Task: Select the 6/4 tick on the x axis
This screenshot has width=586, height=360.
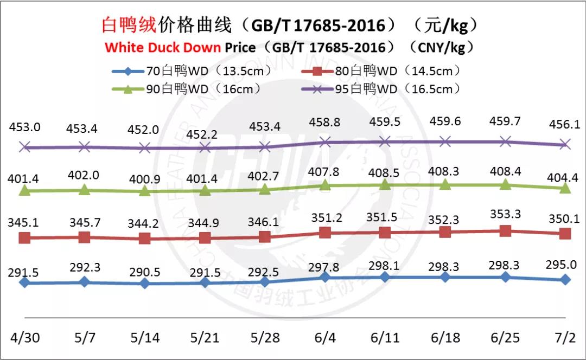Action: tap(324, 337)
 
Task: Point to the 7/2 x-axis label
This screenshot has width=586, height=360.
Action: tap(565, 337)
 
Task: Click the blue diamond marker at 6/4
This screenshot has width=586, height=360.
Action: tap(324, 277)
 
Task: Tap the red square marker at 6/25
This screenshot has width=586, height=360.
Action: tap(505, 230)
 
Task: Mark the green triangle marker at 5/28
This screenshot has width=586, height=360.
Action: tap(264, 189)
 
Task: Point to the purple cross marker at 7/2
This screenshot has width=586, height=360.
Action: tap(565, 144)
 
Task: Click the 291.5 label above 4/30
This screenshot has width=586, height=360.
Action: tap(23, 273)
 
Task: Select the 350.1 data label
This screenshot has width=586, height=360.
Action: tap(565, 219)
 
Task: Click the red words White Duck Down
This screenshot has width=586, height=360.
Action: tap(163, 47)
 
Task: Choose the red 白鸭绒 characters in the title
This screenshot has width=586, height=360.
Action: tap(129, 24)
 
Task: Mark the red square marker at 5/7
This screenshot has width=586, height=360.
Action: tap(84, 237)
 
